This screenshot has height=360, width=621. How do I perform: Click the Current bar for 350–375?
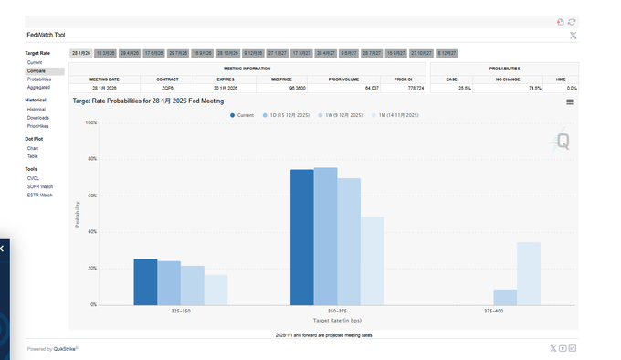301,237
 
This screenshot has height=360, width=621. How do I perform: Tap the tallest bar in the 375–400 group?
529,273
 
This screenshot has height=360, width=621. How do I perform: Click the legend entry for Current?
242,115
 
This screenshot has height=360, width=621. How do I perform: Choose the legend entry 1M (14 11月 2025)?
395,115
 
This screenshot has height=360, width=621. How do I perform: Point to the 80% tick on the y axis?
91,159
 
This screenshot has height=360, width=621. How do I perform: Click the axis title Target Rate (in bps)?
338,321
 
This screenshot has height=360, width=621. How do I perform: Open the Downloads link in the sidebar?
37,118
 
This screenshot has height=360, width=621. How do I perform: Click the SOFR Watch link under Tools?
39,186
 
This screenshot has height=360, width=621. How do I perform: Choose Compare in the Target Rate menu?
37,70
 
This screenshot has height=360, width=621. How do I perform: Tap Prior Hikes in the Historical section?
37,126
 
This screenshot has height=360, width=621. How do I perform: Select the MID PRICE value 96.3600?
297,88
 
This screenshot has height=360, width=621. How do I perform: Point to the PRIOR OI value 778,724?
402,88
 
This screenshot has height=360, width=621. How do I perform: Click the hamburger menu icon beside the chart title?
570,101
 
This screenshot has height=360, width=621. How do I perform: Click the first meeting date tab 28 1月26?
80,54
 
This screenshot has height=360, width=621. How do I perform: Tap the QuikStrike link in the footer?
66,349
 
